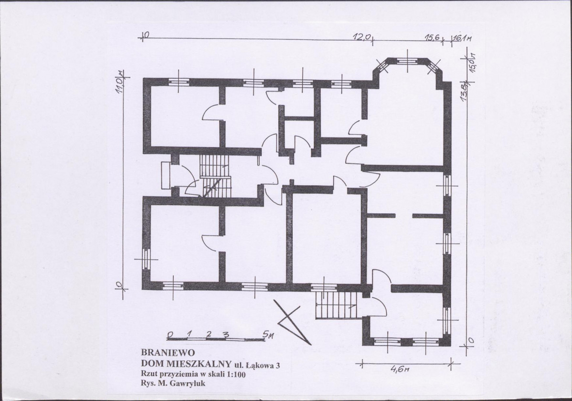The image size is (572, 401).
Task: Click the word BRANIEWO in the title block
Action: pyautogui.click(x=168, y=353)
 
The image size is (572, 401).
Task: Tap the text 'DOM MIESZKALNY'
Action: pyautogui.click(x=186, y=364)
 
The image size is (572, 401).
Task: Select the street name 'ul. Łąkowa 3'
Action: pyautogui.click(x=257, y=365)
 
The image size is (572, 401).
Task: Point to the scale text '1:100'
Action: pyautogui.click(x=237, y=374)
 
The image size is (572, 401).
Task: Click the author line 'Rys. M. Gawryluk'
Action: pyautogui.click(x=173, y=384)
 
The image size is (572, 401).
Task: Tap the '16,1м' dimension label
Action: pyautogui.click(x=462, y=38)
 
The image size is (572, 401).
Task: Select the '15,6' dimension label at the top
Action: pyautogui.click(x=433, y=37)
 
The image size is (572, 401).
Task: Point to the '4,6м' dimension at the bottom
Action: pyautogui.click(x=401, y=369)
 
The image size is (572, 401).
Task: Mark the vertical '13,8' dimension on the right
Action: pyautogui.click(x=465, y=92)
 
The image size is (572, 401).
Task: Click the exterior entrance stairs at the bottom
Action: pyautogui.click(x=336, y=305)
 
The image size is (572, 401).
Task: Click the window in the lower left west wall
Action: pyautogui.click(x=146, y=259)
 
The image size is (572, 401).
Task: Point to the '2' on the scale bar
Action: pyautogui.click(x=209, y=334)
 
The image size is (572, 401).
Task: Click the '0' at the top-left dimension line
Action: pyautogui.click(x=146, y=35)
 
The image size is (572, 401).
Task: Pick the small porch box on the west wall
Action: pyautogui.click(x=166, y=176)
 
